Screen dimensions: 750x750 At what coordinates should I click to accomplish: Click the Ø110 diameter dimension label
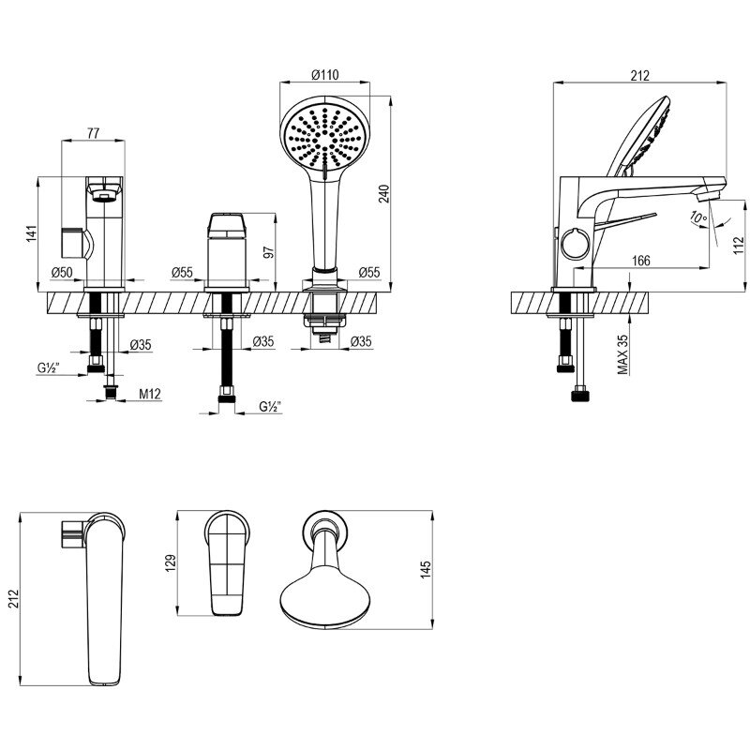324,75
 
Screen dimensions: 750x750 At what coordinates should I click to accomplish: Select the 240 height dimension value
384,194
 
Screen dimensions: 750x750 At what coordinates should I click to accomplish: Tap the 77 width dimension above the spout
93,133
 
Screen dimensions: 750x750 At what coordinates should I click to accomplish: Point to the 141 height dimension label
31,233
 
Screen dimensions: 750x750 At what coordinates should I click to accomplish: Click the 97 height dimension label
269,252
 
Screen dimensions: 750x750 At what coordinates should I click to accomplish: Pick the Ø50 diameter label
62,273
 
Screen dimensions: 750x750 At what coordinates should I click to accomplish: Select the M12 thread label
150,394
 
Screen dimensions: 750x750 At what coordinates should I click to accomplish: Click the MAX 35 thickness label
622,354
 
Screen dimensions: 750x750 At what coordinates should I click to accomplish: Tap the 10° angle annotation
698,217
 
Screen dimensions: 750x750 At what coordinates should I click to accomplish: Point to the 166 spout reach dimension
641,261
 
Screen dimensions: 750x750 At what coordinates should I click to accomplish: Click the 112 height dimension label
739,245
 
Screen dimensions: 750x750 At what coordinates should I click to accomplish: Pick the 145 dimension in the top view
426,570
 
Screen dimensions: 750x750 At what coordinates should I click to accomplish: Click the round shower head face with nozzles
324,138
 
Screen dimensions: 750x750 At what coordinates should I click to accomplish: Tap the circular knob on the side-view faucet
576,244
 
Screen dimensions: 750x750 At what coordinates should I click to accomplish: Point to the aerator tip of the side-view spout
708,195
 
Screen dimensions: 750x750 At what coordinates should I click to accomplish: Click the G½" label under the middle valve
270,407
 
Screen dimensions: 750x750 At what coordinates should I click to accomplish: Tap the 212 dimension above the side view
640,76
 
